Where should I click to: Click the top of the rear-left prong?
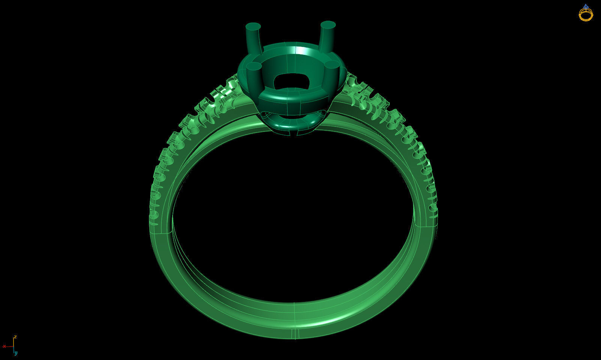tap(253, 27)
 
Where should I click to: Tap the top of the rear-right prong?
tap(328, 25)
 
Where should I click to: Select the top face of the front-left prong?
tap(254, 67)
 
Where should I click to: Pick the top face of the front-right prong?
tap(332, 65)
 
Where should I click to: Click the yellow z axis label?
tap(15, 337)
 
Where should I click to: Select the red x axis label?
tap(4, 346)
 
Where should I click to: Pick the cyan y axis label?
tap(16, 353)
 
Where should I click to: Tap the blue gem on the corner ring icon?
tap(586, 6)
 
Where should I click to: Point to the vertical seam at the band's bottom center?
tap(294, 332)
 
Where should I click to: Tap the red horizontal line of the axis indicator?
tap(9, 346)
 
